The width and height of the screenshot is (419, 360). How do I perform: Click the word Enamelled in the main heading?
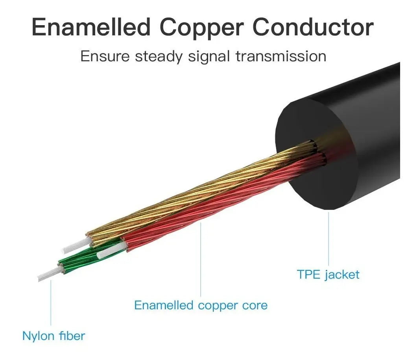[x=91, y=27]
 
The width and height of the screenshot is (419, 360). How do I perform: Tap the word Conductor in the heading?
[x=313, y=27]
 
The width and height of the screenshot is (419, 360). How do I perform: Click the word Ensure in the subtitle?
[x=105, y=56]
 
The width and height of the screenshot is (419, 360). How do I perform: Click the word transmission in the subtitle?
[x=281, y=56]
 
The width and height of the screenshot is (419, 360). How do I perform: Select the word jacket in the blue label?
[x=342, y=275]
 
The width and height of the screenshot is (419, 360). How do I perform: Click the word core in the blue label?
[x=255, y=305]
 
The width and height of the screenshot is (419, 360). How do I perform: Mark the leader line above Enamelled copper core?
[x=201, y=259]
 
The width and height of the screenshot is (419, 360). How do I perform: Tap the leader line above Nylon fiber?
[x=51, y=303]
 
